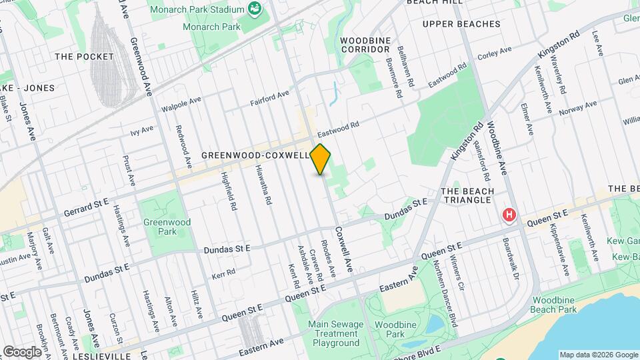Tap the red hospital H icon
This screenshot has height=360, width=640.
pyautogui.click(x=510, y=215)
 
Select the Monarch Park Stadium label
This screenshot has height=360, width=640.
pyautogui.click(x=197, y=9)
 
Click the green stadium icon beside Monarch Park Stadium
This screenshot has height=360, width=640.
pyautogui.click(x=254, y=9)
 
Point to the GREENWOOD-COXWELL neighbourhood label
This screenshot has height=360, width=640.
pyautogui.click(x=256, y=155)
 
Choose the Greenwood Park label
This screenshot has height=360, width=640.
pyautogui.click(x=166, y=227)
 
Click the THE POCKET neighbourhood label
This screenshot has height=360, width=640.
pyautogui.click(x=84, y=57)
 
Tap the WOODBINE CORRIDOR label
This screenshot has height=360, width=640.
pyautogui.click(x=365, y=45)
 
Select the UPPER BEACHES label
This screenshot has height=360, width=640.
pyautogui.click(x=461, y=24)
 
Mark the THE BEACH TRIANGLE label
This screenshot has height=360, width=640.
pyautogui.click(x=468, y=195)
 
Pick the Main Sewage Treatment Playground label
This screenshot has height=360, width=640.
pyautogui.click(x=334, y=333)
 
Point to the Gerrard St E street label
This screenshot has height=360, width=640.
pyautogui.click(x=86, y=207)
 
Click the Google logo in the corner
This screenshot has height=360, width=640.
pyautogui.click(x=23, y=351)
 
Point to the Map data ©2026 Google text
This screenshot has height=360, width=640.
pyautogui.click(x=598, y=355)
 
